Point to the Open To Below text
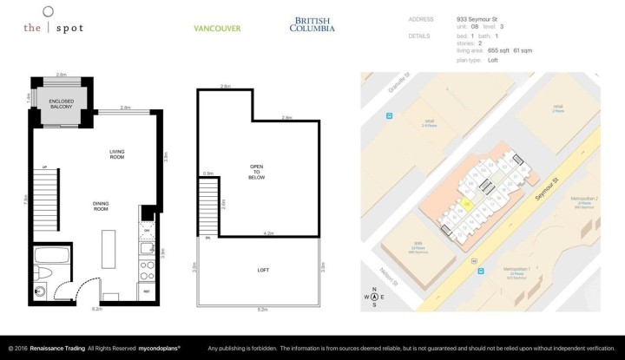256,171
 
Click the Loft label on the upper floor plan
262,271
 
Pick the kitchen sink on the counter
147,249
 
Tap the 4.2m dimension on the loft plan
269,233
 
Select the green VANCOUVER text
216,28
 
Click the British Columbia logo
312,24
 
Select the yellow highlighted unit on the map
466,205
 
